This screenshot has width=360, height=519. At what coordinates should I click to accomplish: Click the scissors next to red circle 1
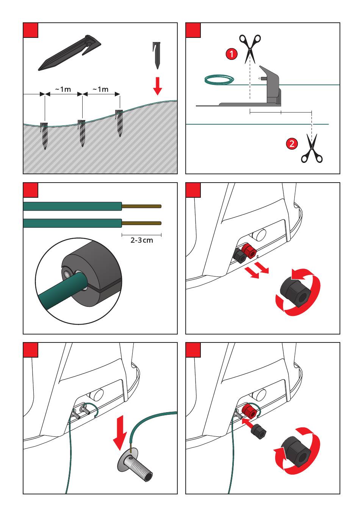250,48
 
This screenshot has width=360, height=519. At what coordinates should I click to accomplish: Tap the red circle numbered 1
232,54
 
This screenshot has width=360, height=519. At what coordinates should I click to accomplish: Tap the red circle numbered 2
291,144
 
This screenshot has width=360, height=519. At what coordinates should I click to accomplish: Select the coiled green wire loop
219,79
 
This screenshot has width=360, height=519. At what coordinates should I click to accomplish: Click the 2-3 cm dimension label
142,240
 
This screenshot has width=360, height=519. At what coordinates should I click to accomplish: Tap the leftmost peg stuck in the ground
44,135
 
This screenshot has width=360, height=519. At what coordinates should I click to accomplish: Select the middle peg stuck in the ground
81,133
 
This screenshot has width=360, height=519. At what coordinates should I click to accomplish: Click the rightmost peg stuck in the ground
119,123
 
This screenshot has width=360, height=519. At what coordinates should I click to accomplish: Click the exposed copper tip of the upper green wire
141,206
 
